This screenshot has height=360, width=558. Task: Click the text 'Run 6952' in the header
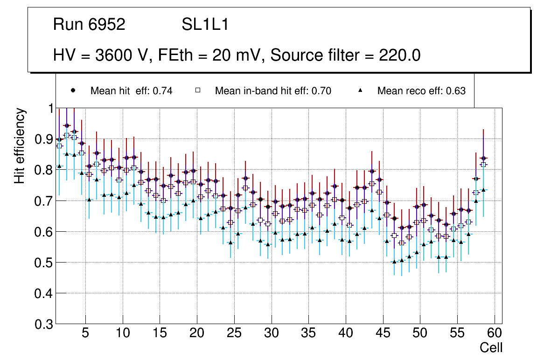tap(89, 25)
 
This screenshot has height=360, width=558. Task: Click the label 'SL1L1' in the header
tap(205, 25)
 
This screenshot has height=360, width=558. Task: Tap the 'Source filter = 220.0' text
tap(345, 55)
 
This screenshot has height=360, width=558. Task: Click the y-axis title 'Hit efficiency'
tap(20, 145)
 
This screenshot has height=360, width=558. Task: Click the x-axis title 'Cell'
tap(491, 347)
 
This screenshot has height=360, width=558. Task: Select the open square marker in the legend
tap(198, 90)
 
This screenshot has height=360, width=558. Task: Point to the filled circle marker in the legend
tap(73, 90)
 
